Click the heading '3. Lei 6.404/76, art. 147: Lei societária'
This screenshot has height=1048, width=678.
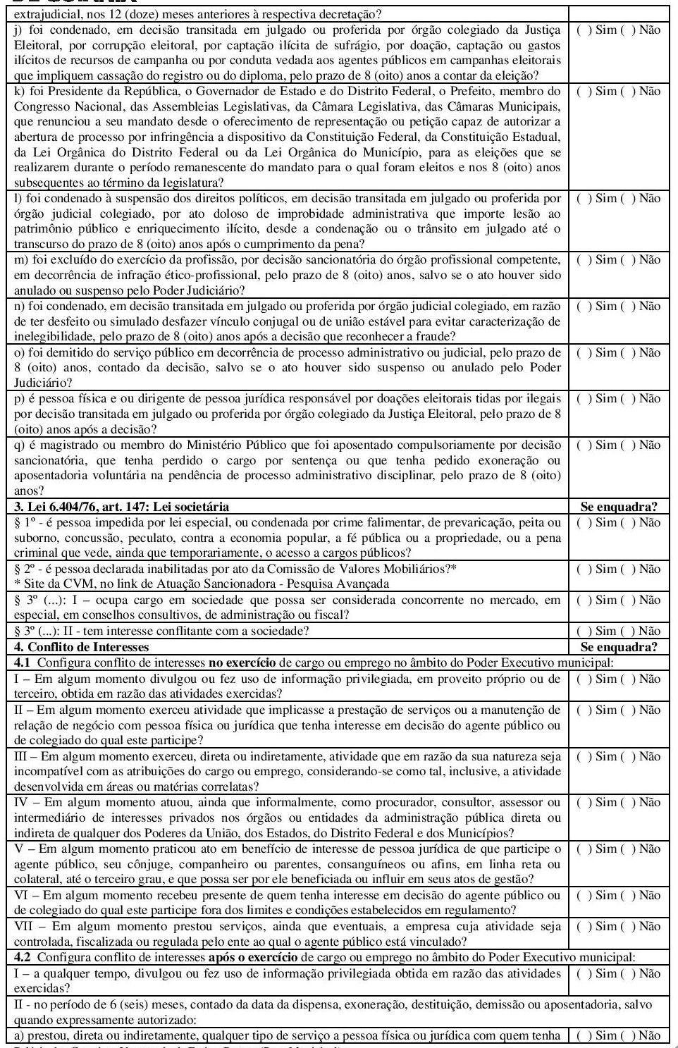click(121, 507)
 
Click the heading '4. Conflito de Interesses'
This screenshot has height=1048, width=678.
click(82, 647)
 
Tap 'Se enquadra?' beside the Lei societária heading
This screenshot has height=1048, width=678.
click(618, 507)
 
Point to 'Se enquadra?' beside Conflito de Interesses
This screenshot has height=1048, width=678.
click(618, 647)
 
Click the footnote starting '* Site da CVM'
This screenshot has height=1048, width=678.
click(201, 584)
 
